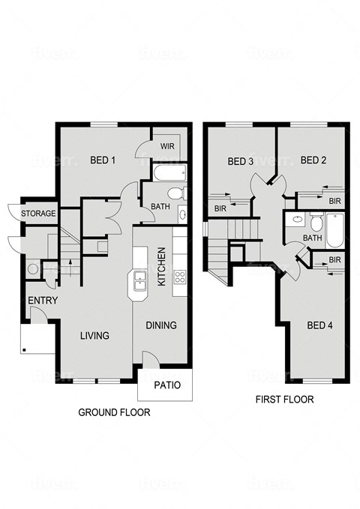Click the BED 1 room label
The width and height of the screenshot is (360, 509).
(103, 160)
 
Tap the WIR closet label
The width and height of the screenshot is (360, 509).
(166, 147)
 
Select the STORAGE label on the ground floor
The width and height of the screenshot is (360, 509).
(38, 214)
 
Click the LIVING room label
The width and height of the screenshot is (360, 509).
(95, 335)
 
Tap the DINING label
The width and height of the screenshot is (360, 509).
(161, 325)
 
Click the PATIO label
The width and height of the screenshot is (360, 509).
(166, 386)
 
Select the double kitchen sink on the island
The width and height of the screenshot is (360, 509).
(140, 282)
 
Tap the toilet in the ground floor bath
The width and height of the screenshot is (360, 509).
(175, 194)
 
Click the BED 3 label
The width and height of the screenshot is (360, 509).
(240, 161)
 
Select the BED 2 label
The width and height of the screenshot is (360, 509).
(313, 160)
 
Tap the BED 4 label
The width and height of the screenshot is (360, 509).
(319, 325)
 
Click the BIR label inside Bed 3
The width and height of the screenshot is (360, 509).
(220, 208)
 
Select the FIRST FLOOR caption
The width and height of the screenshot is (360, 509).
(284, 400)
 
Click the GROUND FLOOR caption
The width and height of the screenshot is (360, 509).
(114, 412)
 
